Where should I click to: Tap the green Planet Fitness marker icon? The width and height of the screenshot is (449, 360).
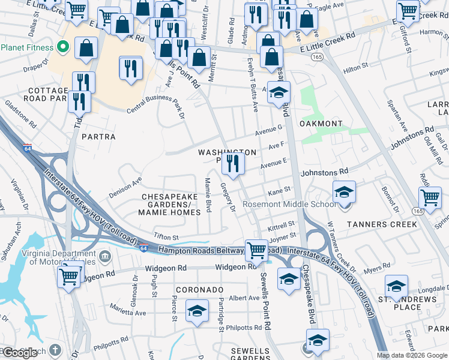pos(62,47)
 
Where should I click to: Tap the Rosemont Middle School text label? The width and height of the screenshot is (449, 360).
pos(289,205)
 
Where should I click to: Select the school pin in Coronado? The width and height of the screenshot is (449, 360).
pos(196,311)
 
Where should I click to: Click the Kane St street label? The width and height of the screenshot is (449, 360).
pos(279,190)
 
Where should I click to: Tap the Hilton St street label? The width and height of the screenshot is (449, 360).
pos(355,70)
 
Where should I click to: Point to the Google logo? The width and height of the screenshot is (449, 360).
pos(20,353)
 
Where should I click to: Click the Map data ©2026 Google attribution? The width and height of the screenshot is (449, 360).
pos(412,355)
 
